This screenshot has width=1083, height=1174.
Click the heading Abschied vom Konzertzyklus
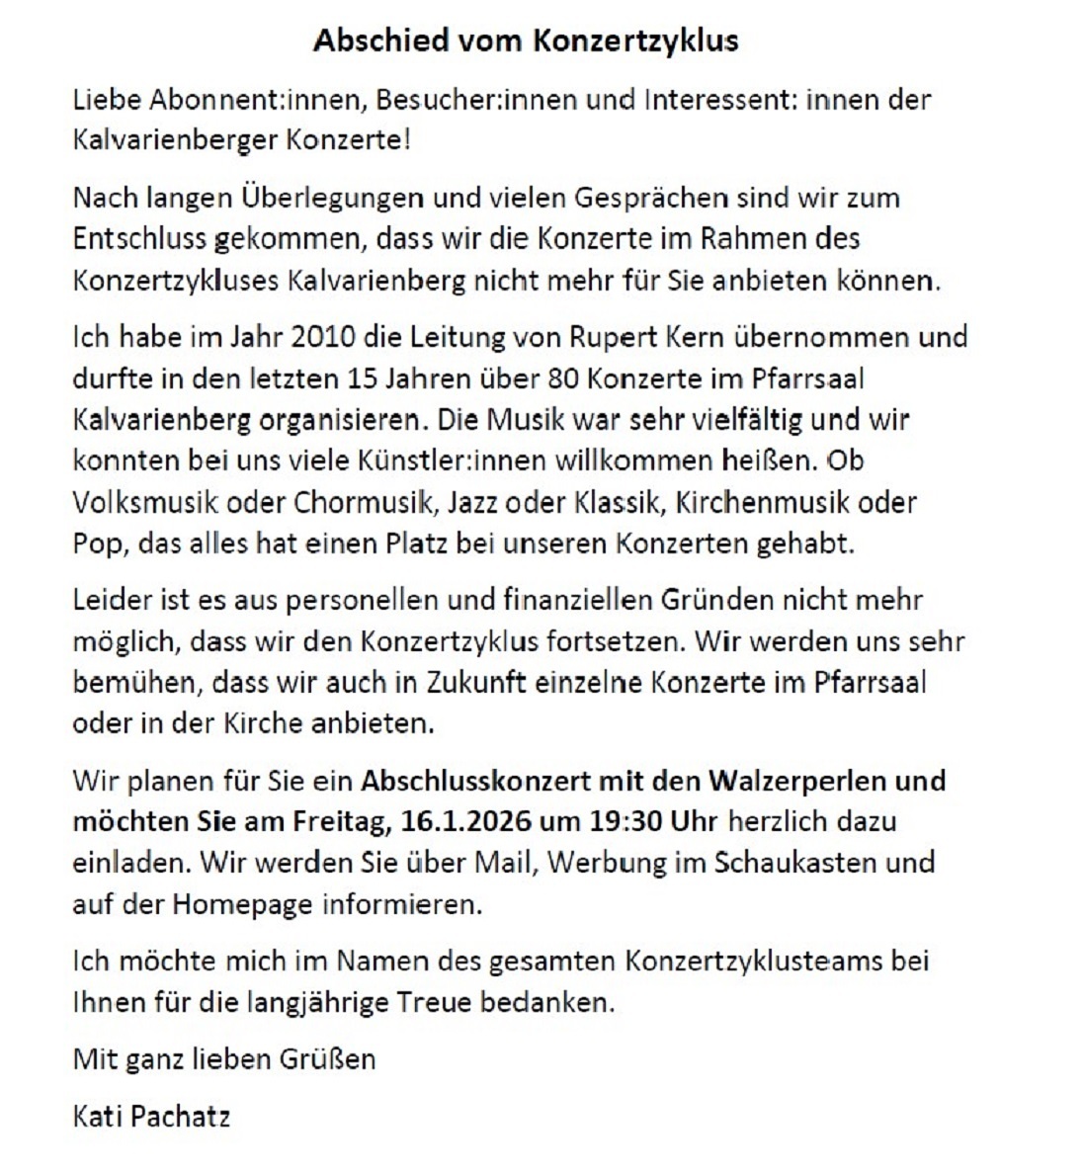pos(526,41)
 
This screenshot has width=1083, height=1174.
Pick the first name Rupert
pos(609,337)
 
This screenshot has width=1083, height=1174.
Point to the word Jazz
pos(472,502)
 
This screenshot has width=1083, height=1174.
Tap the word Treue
pos(434,1002)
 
